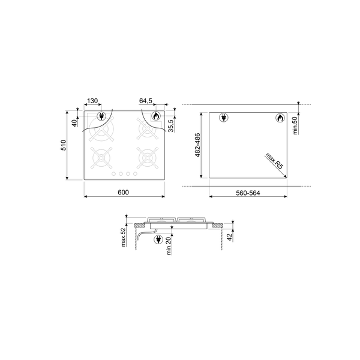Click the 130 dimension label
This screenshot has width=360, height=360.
92,101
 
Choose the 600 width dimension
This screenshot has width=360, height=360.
123,192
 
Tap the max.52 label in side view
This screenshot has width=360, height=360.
123,238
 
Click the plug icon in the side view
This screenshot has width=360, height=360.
159,241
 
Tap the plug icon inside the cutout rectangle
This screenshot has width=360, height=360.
223,118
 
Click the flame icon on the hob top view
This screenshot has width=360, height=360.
155,116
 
